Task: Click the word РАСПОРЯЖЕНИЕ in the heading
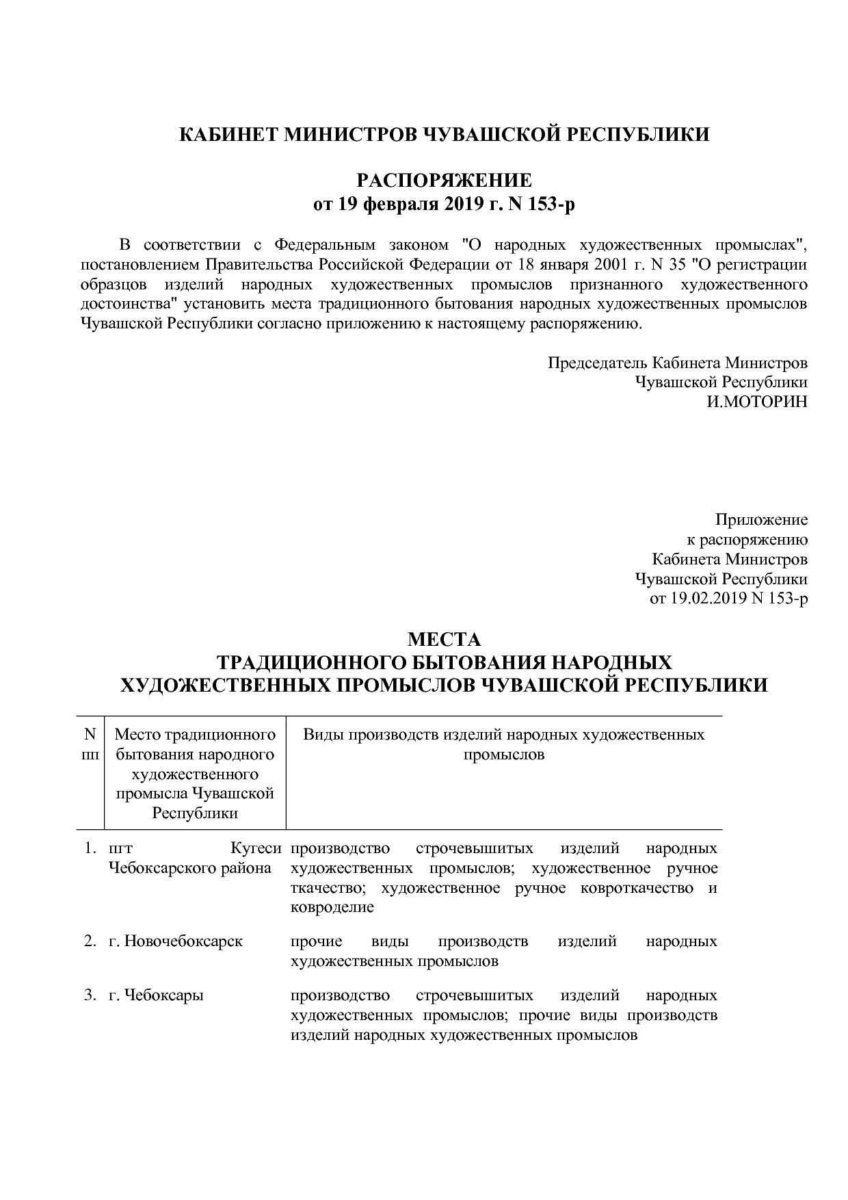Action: click(445, 181)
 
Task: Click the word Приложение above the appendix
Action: click(761, 519)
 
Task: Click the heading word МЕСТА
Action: click(445, 640)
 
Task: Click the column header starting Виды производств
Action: click(503, 744)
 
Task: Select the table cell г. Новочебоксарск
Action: click(176, 941)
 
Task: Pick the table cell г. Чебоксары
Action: click(156, 995)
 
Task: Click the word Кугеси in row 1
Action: click(256, 848)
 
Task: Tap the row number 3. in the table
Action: click(90, 995)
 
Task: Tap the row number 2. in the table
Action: click(90, 941)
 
